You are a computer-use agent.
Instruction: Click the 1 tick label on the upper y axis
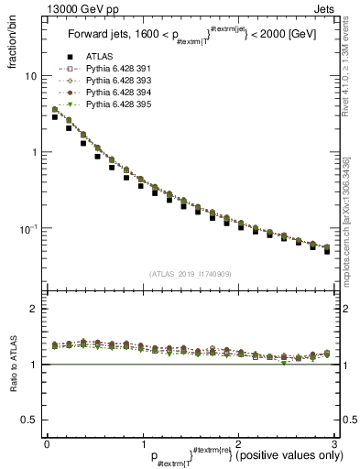pyautogui.click(x=36, y=152)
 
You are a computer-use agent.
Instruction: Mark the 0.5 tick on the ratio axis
pyautogui.click(x=32, y=420)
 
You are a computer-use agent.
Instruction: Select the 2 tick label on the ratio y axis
pyautogui.click(x=36, y=310)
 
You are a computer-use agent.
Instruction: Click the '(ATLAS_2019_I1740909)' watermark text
pyautogui.click(x=190, y=274)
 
